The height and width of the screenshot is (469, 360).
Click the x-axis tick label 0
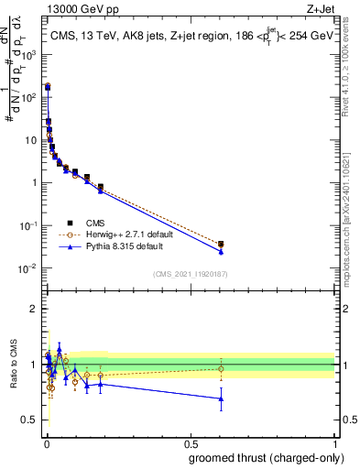46,442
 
